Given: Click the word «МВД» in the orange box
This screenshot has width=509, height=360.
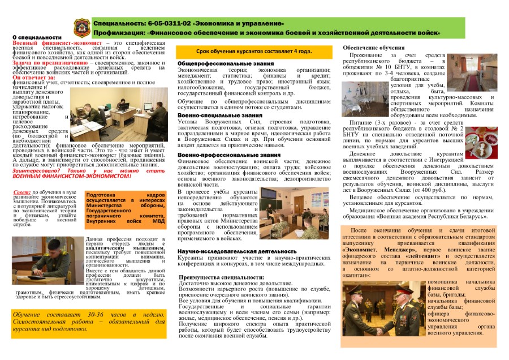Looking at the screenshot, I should [x=141, y=213].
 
